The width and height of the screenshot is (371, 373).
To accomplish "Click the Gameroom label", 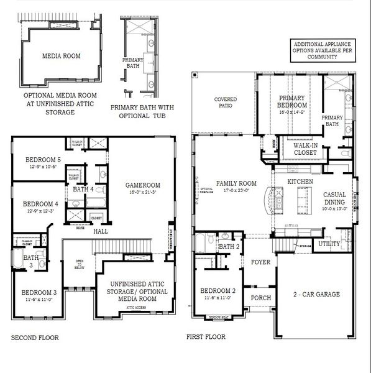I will click(143, 185).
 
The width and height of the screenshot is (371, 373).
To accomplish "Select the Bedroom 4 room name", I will click(40, 204).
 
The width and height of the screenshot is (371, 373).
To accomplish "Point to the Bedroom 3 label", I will click(39, 292).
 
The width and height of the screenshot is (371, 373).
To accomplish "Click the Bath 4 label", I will click(83, 189).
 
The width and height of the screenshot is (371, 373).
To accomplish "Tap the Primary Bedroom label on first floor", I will click(295, 102).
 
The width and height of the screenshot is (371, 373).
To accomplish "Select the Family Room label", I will click(236, 183).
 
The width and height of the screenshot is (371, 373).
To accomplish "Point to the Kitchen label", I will click(300, 181).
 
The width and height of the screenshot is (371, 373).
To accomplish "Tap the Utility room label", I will click(329, 244).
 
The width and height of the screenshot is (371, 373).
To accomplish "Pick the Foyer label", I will click(260, 262).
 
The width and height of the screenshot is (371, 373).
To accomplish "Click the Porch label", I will click(260, 298).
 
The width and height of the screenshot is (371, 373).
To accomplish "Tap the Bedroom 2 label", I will click(217, 291).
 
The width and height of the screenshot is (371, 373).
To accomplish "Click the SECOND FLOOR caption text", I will click(35, 338).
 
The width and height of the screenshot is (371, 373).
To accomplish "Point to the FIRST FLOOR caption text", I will click(206, 337).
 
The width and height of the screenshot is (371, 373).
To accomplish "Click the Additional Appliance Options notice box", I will click(322, 50).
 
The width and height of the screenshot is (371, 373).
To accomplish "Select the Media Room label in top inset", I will click(61, 55).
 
